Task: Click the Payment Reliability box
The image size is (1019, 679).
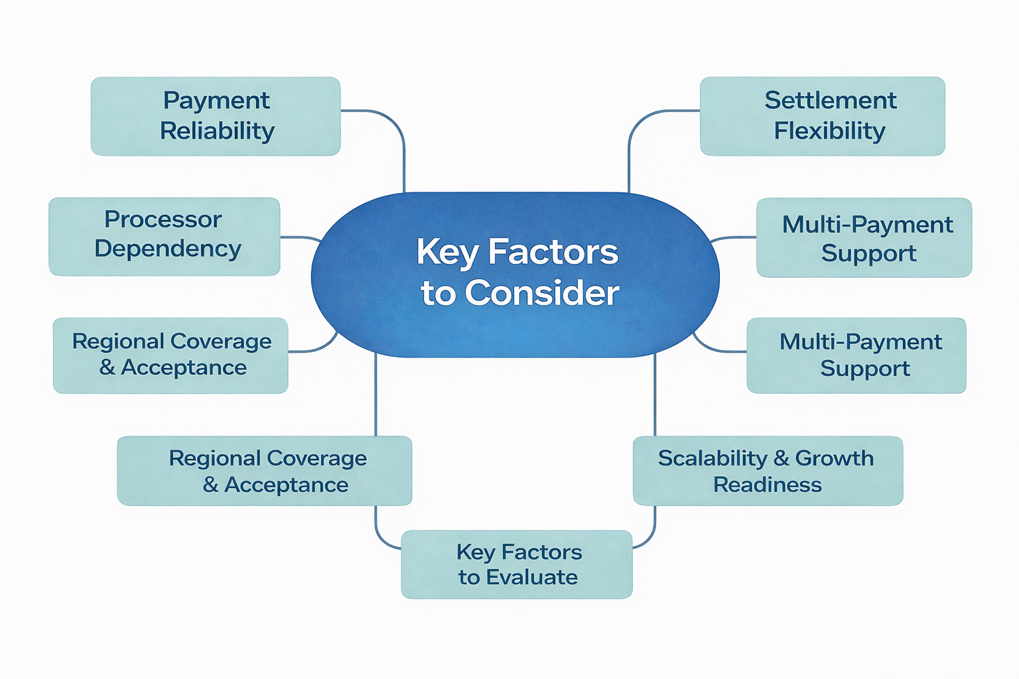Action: (216, 116)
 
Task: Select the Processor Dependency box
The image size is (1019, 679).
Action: (165, 236)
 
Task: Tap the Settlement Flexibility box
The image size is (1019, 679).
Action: (823, 116)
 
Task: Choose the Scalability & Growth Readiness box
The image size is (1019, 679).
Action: (768, 471)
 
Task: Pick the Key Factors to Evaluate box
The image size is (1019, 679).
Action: (517, 564)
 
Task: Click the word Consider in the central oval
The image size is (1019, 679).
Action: (542, 293)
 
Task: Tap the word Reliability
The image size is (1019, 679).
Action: (217, 131)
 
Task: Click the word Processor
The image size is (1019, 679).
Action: (163, 219)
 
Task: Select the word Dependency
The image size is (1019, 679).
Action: (168, 249)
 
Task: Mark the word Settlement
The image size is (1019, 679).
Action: (831, 101)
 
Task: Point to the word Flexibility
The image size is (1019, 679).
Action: (829, 131)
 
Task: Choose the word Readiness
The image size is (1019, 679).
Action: (768, 485)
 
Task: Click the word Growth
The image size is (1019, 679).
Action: (835, 458)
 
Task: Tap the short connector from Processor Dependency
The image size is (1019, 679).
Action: (300, 237)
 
